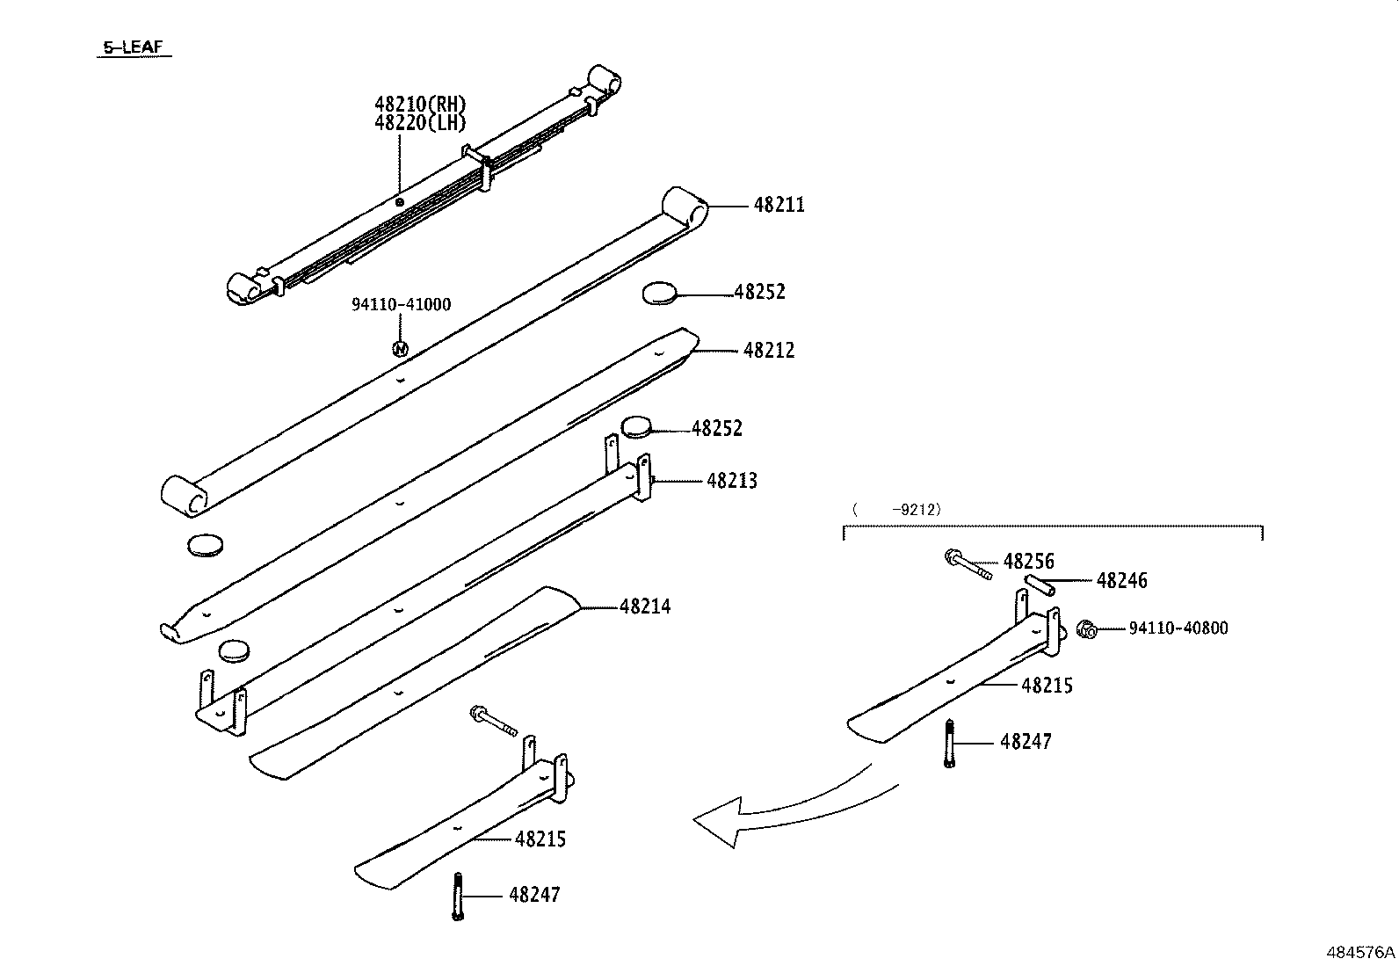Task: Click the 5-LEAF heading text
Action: point(134,48)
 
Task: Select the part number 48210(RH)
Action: point(419,105)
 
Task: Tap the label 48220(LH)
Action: point(419,123)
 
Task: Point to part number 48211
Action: point(779,205)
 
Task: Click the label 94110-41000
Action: point(401,305)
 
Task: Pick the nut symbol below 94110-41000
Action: point(400,349)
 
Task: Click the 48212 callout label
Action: point(769,351)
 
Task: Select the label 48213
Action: point(732,481)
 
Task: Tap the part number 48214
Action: point(645,606)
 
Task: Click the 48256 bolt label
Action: point(1028,562)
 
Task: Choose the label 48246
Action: point(1121,581)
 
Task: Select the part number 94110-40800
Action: point(1178,628)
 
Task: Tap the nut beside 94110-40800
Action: point(1087,628)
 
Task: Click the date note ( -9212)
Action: point(896,509)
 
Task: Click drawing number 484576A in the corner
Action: point(1360,952)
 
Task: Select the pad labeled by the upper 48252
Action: point(660,294)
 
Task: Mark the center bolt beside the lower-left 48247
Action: point(457,897)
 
